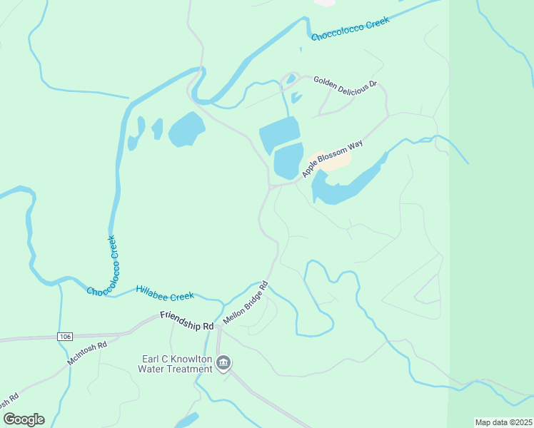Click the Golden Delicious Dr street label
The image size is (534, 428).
tap(345, 84)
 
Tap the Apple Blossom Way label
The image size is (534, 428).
tap(332, 158)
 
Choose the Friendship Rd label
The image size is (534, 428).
tap(187, 320)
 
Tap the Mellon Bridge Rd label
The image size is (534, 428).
tap(245, 303)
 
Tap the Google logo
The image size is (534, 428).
tap(24, 419)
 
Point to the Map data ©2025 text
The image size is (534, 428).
tap(503, 422)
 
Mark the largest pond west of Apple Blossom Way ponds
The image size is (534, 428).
tap(186, 128)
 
